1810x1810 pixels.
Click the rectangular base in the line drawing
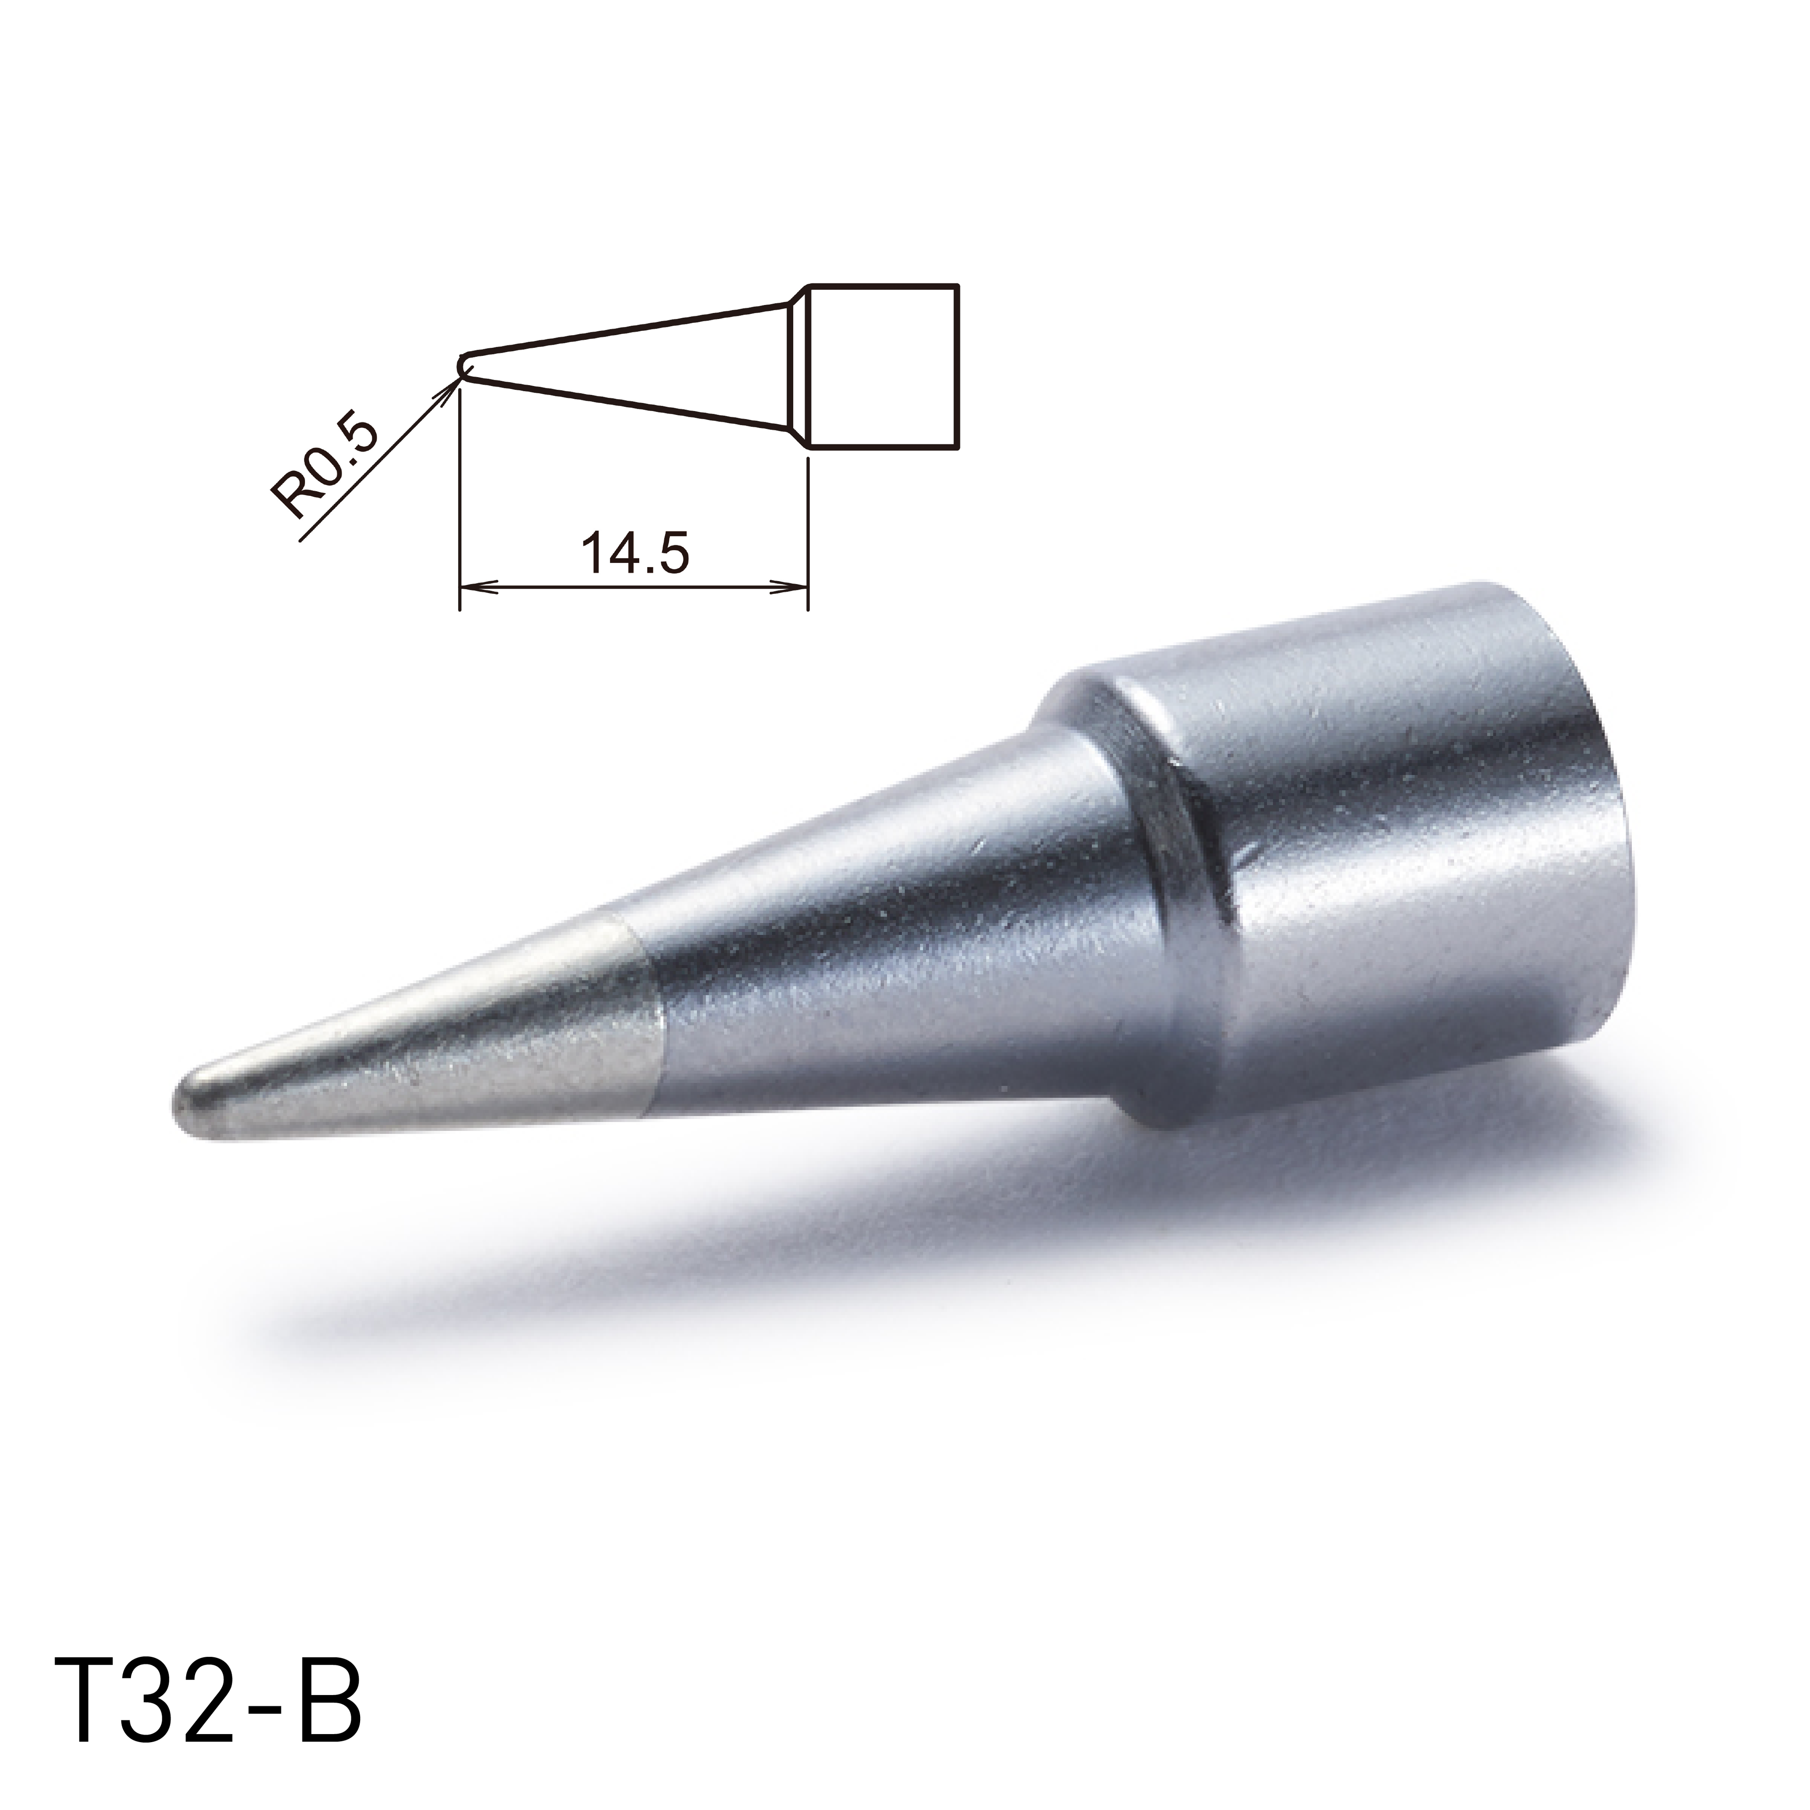[882, 365]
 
